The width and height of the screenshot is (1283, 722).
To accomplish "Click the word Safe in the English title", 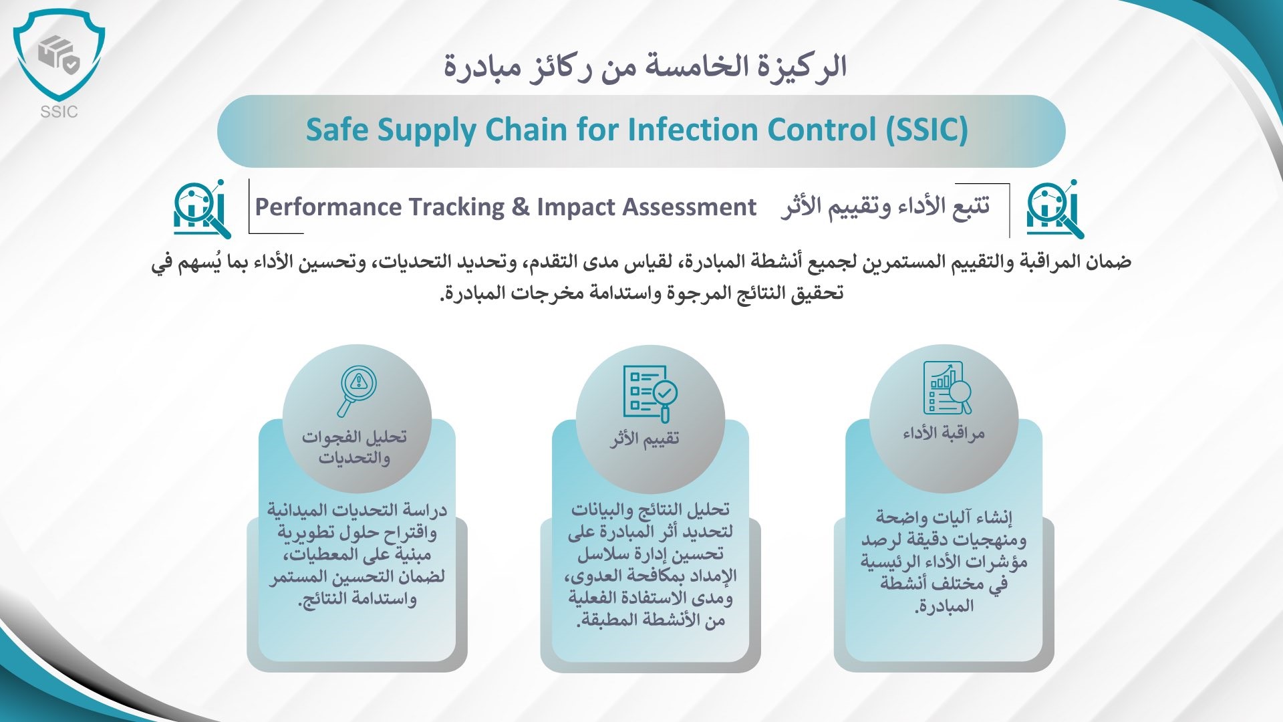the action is [x=337, y=130].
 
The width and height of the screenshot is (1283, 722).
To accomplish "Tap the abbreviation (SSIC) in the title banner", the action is [x=927, y=130].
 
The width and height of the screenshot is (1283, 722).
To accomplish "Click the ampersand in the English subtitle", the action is [x=521, y=207].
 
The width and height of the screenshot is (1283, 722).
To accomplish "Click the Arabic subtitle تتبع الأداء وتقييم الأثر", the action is [x=885, y=207].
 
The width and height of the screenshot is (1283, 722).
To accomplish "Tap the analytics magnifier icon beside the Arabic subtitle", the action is [x=1055, y=208].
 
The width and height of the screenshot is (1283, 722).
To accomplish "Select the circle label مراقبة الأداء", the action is [x=944, y=433].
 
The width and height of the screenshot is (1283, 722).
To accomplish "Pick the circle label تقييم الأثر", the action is [x=644, y=439].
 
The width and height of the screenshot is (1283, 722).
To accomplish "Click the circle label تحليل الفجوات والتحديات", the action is [x=354, y=447].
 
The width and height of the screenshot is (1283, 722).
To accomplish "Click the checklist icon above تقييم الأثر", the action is [x=650, y=393].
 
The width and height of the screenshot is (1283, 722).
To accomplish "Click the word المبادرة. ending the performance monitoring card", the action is [x=944, y=606].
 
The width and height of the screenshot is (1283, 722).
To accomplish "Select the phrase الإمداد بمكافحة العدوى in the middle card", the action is [x=650, y=576].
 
